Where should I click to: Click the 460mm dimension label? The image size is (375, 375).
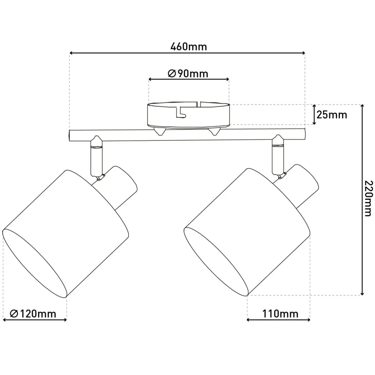(188, 47)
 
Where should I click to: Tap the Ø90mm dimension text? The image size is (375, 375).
(188, 74)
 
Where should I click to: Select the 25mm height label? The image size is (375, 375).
(332, 115)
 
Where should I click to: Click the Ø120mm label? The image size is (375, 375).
(33, 314)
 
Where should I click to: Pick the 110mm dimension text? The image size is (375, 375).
(280, 314)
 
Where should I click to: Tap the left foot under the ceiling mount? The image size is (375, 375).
(159, 132)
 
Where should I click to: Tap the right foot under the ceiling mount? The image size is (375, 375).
(214, 132)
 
